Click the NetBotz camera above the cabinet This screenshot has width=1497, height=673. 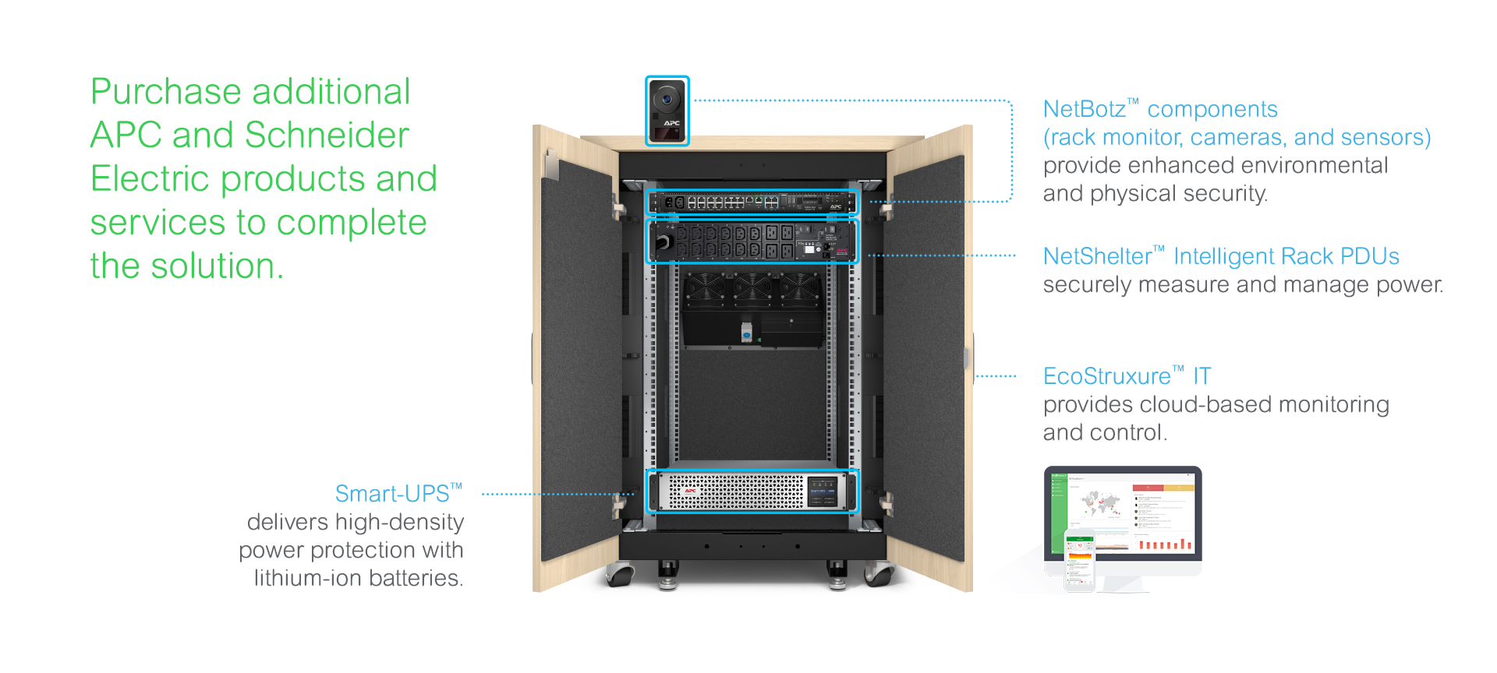[x=667, y=111]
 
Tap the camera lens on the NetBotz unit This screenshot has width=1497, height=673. [x=667, y=99]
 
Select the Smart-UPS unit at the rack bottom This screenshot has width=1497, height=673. [x=752, y=491]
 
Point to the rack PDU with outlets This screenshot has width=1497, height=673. [x=752, y=241]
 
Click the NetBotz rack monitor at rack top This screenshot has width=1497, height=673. [x=752, y=203]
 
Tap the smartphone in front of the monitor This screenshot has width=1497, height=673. [x=1080, y=559]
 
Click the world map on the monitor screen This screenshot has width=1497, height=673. [x=1099, y=503]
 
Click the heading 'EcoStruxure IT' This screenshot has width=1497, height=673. [x=1127, y=376]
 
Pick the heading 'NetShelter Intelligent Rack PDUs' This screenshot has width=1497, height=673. [x=1221, y=256]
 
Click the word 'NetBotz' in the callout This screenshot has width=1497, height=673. [x=1085, y=109]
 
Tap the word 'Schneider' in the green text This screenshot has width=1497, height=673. [x=327, y=136]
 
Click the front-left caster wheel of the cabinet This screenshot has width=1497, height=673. [x=621, y=576]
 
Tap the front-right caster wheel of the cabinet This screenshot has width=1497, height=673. [x=879, y=576]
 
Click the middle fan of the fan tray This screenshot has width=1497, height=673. [x=752, y=288]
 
